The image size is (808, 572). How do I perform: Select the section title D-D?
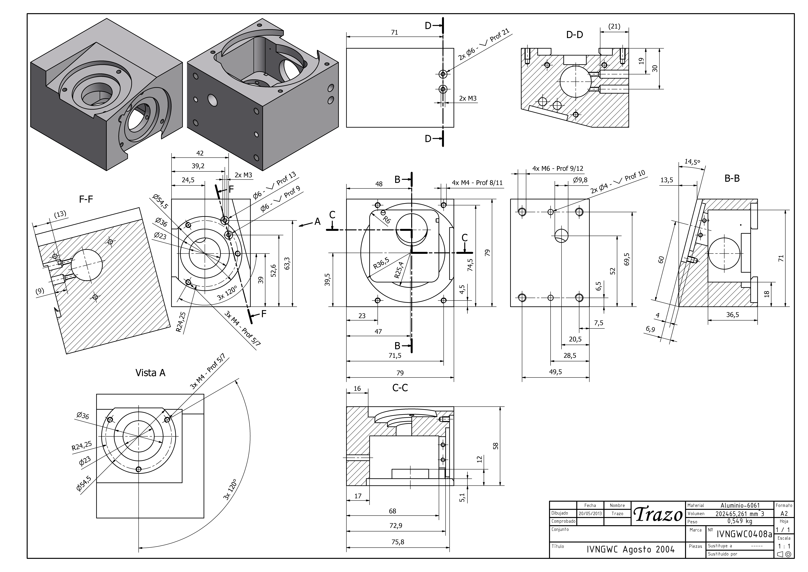[574, 35]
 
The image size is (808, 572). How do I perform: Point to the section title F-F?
[86, 200]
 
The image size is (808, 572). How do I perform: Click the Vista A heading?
[150, 373]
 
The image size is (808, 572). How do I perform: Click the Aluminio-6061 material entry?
[740, 505]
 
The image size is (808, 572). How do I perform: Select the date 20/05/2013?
[590, 513]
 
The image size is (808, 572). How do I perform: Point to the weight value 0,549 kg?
[740, 521]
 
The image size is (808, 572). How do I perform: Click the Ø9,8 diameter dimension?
[580, 180]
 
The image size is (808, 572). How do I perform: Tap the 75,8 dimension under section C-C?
[398, 542]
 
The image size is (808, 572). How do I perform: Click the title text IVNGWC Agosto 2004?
[631, 549]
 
